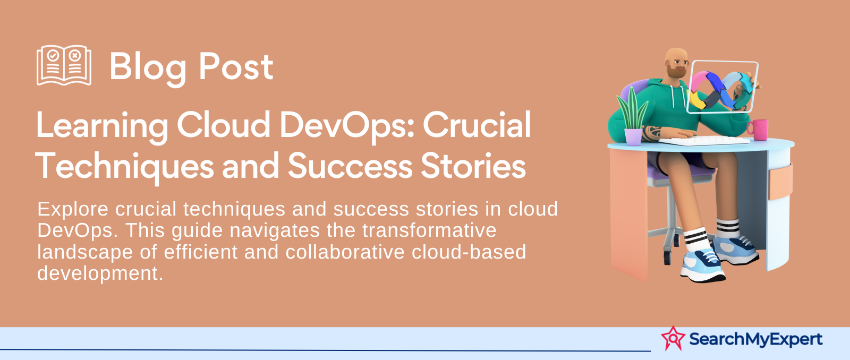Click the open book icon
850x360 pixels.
(64, 65)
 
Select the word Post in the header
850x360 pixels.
(236, 67)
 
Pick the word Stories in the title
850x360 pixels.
(473, 165)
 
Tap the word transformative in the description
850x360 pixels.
(429, 230)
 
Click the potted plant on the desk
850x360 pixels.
(633, 116)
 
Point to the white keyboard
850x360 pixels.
(704, 140)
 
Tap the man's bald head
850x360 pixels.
(675, 55)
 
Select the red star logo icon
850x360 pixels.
(673, 338)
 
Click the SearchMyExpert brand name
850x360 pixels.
(755, 339)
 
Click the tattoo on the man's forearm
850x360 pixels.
(651, 132)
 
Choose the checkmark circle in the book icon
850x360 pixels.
(53, 55)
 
